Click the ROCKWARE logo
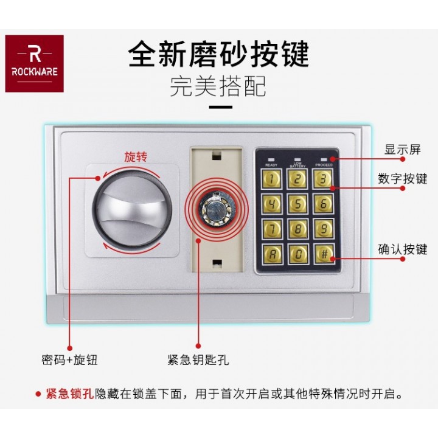pos(34,63)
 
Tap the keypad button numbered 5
pos(297,203)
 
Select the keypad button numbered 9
pos(324,229)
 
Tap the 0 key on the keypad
pos(297,254)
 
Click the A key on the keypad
pos(271,254)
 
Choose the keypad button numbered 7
pos(271,229)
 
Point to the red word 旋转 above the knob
pos(136,156)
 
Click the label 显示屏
pos(402,150)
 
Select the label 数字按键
pos(402,179)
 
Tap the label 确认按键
pos(402,249)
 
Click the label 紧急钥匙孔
pos(198,360)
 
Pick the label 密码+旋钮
pos(69,360)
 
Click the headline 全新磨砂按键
pos(218,54)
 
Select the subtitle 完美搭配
pos(218,86)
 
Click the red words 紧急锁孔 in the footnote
pos(69,394)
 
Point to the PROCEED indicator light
pos(324,159)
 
